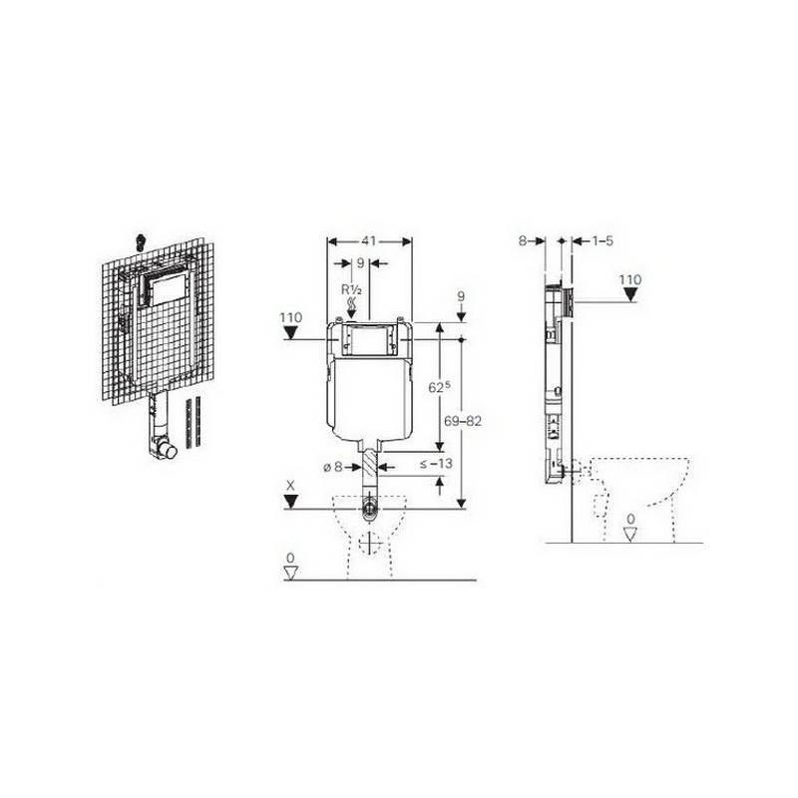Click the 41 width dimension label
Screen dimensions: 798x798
coord(369,240)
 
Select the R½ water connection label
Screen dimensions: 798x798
coord(351,290)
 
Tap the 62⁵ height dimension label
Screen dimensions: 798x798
coord(440,386)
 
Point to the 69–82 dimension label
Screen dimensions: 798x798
coord(463,421)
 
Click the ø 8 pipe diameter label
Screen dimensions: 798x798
coord(333,466)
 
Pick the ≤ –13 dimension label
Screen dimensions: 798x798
coord(436,464)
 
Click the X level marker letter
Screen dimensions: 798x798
coord(290,486)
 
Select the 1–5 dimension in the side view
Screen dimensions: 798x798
coord(602,240)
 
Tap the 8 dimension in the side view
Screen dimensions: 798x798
coord(523,240)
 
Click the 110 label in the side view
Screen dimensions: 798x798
coord(630,279)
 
